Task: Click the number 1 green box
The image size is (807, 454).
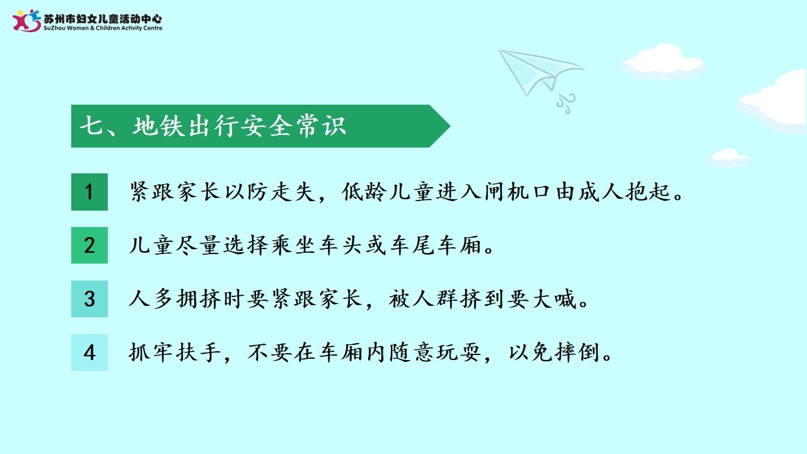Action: coord(90,192)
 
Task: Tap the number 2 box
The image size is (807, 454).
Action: coord(90,245)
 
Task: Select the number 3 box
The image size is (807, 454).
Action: coord(90,299)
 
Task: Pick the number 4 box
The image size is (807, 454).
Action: coord(90,352)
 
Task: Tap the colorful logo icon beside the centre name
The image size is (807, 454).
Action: coord(26,21)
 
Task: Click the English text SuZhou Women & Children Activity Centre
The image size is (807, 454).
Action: coord(103,28)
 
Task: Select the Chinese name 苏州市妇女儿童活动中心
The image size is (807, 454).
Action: coord(103,19)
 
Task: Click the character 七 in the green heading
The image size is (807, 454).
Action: coord(91,125)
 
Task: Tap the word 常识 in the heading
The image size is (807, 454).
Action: coord(321,125)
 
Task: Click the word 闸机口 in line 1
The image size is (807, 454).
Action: coord(516,191)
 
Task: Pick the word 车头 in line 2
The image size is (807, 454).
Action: coord(339,245)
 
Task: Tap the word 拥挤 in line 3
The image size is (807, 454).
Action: coord(198,299)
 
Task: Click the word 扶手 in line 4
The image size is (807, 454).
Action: coord(198,352)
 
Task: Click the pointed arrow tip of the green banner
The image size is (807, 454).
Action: coord(450,125)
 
